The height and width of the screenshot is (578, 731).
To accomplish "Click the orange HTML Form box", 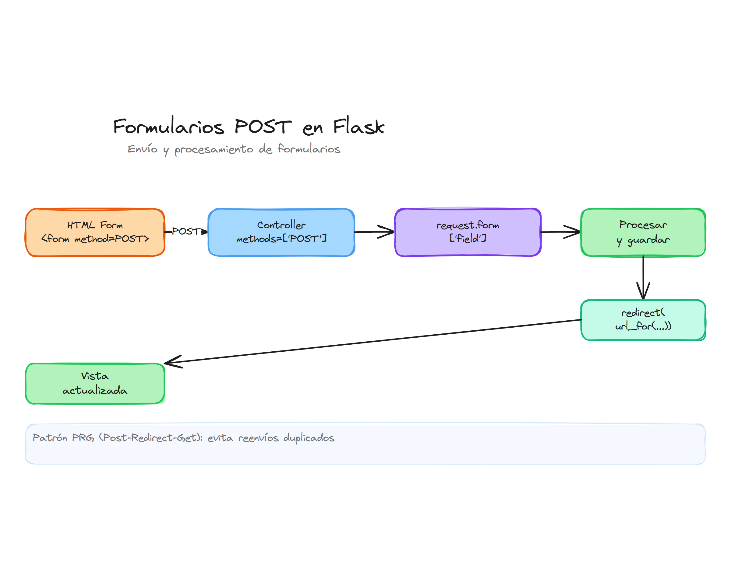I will (95, 232).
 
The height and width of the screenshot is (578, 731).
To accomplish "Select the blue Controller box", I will (281, 232).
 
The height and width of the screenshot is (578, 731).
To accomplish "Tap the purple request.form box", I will (468, 232).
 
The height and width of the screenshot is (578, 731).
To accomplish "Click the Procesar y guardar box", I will (643, 232).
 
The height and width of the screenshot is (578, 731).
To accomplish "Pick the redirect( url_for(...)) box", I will (643, 320).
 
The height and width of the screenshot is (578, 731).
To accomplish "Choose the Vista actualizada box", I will (95, 383).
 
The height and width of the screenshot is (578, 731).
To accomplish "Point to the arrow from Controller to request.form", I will (374, 232).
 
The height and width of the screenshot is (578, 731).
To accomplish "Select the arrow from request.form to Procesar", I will (561, 232).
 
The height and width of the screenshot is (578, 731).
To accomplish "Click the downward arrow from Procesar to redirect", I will (643, 277).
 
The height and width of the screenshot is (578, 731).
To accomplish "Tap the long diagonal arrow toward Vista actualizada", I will (373, 341).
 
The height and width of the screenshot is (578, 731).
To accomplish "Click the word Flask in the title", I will (358, 127).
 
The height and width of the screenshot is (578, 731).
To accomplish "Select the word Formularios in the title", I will (168, 127).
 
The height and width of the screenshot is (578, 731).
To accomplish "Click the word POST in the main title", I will (263, 127).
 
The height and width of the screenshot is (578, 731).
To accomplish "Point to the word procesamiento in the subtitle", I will (214, 149).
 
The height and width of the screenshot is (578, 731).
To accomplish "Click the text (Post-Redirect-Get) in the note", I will (150, 437).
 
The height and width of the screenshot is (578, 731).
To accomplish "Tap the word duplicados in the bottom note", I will (309, 437).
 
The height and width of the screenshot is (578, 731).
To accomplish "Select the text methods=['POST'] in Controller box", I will (281, 239).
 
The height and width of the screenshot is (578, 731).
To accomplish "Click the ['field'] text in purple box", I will (468, 238).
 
